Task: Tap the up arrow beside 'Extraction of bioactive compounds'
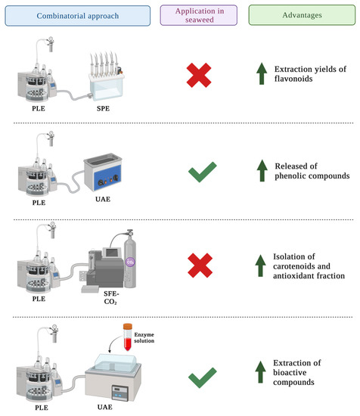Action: pos(262,362)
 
